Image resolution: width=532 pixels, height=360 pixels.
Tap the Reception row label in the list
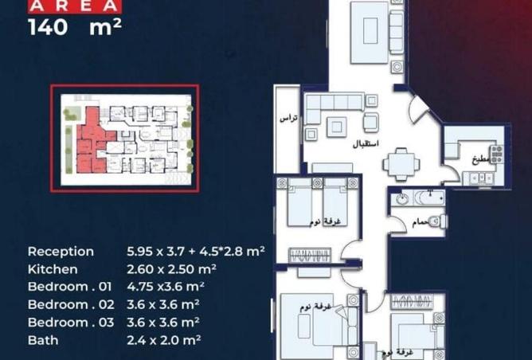click(x=61, y=251)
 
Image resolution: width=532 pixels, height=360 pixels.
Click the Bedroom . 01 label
click(x=71, y=287)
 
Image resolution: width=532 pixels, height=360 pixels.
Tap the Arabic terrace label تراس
click(x=288, y=119)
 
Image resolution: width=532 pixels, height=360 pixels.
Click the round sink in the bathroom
click(x=401, y=198)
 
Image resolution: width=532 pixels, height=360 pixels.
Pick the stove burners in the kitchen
click(x=497, y=154)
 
